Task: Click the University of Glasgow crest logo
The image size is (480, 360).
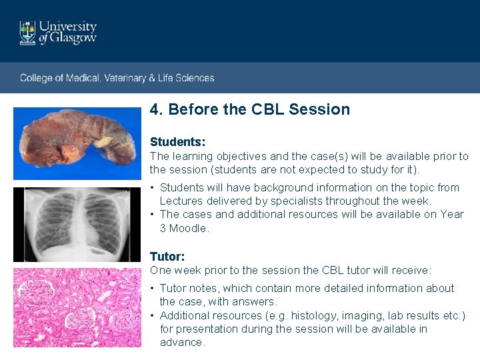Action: tap(27, 33)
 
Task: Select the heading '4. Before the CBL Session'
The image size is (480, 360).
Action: tap(250, 109)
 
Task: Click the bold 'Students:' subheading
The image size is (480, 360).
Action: tap(177, 142)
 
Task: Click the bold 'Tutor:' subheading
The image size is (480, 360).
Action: tap(167, 256)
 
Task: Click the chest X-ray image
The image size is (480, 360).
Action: tap(77, 224)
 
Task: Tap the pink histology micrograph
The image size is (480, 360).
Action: tap(77, 307)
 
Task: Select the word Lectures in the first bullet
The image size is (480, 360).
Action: tap(181, 201)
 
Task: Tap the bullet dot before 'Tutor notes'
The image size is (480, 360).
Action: tap(153, 289)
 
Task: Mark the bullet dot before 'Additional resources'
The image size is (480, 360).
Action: tap(153, 315)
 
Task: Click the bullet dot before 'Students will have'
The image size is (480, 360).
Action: tap(153, 188)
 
